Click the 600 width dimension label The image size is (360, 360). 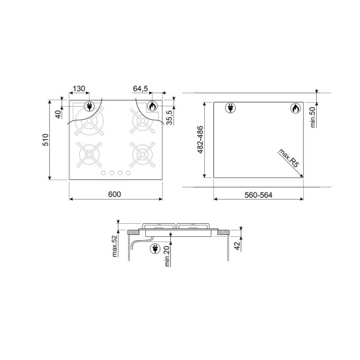pos(115,194)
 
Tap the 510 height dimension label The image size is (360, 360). pos(46,139)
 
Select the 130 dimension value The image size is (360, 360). pos(79,88)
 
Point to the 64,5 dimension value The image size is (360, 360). pos(141,88)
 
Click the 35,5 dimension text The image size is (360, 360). pos(170,117)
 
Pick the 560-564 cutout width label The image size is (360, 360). pos(259,195)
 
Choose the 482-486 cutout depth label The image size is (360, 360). pos(200,139)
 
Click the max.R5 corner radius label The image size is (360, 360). pos(289,158)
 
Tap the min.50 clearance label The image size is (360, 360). pos(313,117)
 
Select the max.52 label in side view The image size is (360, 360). pos(115,245)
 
